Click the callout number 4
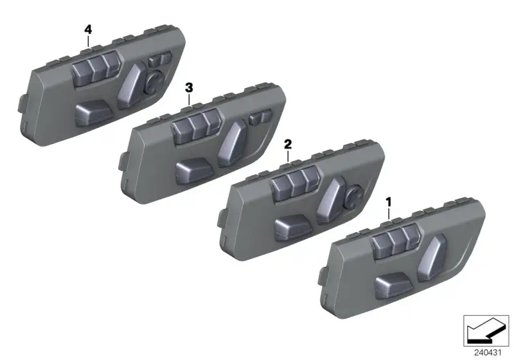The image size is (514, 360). pos(88,30)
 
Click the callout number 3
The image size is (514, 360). pos(189,87)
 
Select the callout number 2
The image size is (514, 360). pos(288,144)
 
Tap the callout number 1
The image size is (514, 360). pos(389,202)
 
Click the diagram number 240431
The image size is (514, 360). pos(488,353)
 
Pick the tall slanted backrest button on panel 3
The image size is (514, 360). pos(232,143)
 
